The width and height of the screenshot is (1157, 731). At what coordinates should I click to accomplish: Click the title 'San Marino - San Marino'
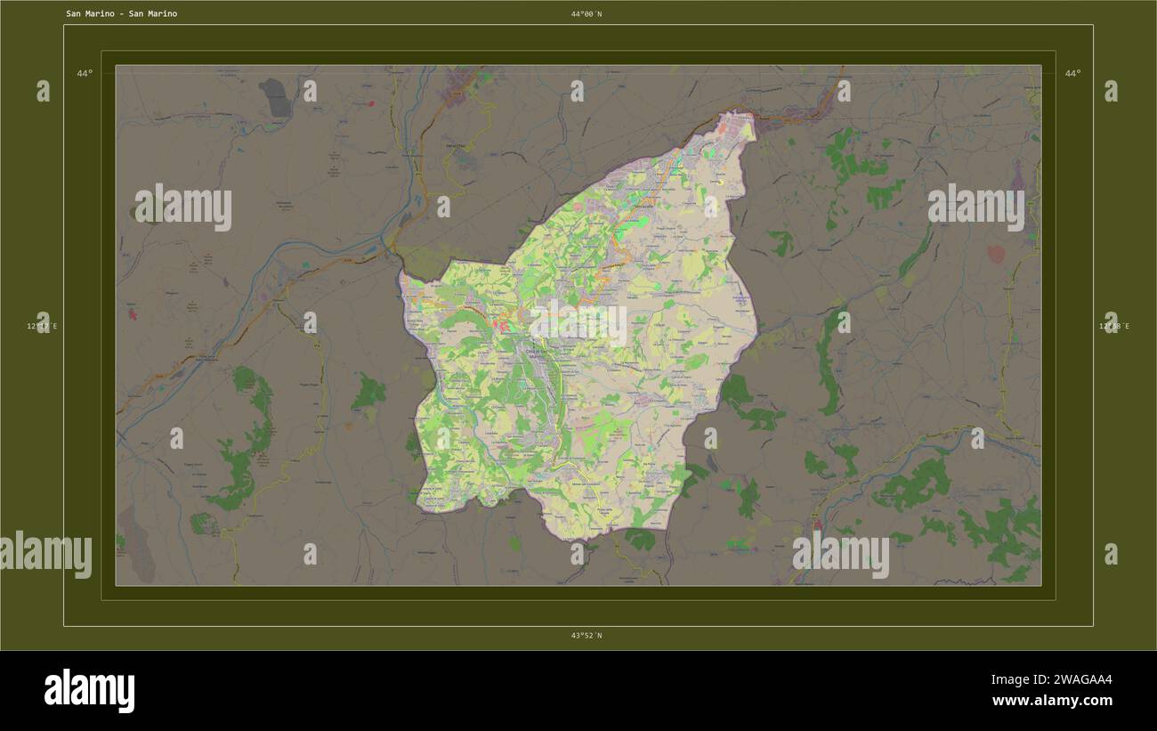coord(121,13)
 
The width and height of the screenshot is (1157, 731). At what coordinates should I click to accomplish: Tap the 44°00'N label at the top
coord(587,13)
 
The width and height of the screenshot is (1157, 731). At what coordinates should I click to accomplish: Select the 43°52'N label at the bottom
coord(587,635)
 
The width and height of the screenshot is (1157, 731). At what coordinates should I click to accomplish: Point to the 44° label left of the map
coord(84,73)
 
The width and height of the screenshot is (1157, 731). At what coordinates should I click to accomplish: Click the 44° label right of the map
coord(1072,73)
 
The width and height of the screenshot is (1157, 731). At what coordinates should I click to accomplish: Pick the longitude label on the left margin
coord(42,326)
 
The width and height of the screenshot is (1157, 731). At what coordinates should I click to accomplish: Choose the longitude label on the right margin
coord(1113,326)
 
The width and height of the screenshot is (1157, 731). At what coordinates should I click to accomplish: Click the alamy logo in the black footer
coord(89,690)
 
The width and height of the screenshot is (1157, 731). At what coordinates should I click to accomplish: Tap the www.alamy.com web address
coord(1052,701)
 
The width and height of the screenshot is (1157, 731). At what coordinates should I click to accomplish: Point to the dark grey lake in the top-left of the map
coord(275,97)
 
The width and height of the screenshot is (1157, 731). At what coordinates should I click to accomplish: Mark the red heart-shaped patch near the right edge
coord(996,254)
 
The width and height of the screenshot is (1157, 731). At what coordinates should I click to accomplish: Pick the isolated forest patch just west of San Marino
coord(368,392)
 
